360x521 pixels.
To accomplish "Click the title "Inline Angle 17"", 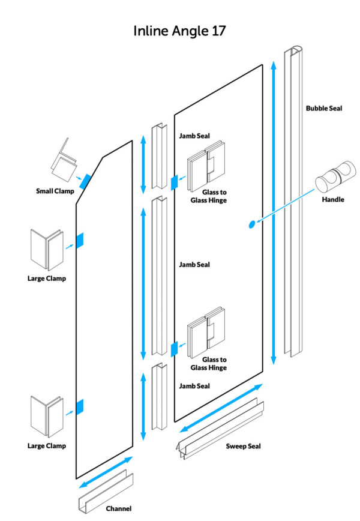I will tap(179, 31).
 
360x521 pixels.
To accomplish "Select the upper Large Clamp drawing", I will tap(46, 249).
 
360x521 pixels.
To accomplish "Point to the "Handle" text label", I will tap(333, 199).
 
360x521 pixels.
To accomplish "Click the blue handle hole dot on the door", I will tap(251, 224).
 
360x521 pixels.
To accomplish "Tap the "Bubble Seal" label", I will tap(324, 109).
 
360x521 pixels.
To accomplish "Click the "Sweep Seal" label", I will tap(243, 446).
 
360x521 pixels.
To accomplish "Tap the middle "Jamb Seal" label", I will tap(194, 264).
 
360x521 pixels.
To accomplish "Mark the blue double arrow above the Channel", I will tap(105, 472).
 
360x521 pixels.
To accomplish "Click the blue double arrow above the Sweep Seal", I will tap(221, 408).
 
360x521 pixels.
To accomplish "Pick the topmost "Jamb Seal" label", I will tap(194, 136).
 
